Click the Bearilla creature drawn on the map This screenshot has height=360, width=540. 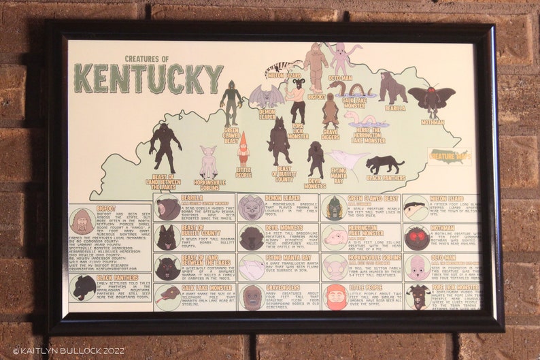tap(392, 88)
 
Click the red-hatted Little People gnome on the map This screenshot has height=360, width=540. tap(243, 148)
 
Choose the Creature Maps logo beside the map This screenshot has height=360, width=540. tap(448, 156)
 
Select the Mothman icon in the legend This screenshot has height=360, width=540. tap(416, 238)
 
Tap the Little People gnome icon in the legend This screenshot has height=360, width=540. tap(335, 297)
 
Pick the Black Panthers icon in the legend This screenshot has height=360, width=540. tap(83, 287)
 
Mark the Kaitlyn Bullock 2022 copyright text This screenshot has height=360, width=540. tap(60, 351)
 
